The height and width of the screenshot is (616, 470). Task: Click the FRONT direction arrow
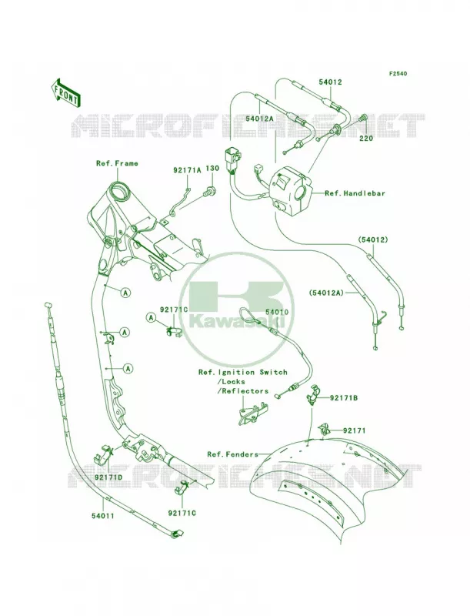(x=65, y=92)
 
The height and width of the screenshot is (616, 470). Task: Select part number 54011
(x=103, y=515)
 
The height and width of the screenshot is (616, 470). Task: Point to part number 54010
(x=277, y=312)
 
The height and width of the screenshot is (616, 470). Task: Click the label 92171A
(x=187, y=170)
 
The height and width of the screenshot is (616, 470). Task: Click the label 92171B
(x=343, y=398)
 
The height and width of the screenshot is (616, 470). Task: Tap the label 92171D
(x=108, y=477)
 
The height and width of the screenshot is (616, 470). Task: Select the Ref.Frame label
(x=117, y=163)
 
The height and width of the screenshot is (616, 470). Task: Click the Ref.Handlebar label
(x=355, y=193)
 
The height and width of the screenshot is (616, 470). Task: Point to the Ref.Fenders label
(x=232, y=454)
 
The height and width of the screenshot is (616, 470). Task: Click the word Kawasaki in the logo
(x=237, y=322)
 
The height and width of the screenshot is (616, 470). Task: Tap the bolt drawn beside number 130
(x=209, y=191)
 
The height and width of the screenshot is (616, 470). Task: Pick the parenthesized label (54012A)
(x=326, y=293)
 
